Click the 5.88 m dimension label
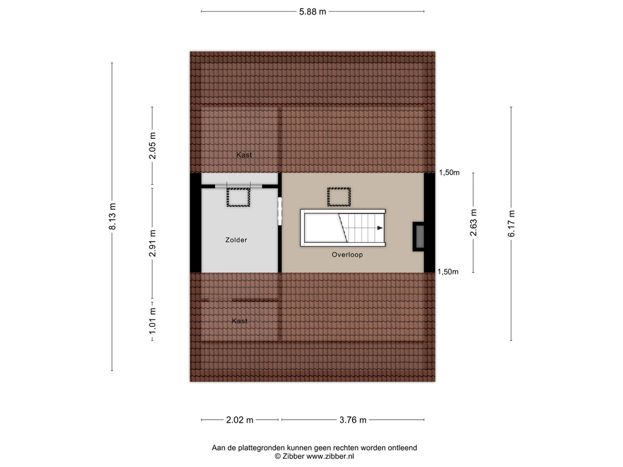(312, 12)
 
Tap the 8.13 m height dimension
(113, 217)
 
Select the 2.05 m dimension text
(152, 146)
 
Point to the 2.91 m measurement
(152, 243)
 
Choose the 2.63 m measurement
(473, 223)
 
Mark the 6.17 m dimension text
(511, 224)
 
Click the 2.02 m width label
(239, 420)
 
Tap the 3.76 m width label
(353, 420)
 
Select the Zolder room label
(236, 240)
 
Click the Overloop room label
(347, 255)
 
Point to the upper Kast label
(244, 155)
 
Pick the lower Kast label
(239, 321)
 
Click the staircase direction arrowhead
(380, 228)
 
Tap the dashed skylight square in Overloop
(339, 197)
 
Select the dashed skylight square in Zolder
(238, 197)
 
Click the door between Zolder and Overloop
(280, 211)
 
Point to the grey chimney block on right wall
(419, 236)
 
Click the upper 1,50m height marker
(449, 172)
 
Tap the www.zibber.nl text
(330, 456)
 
